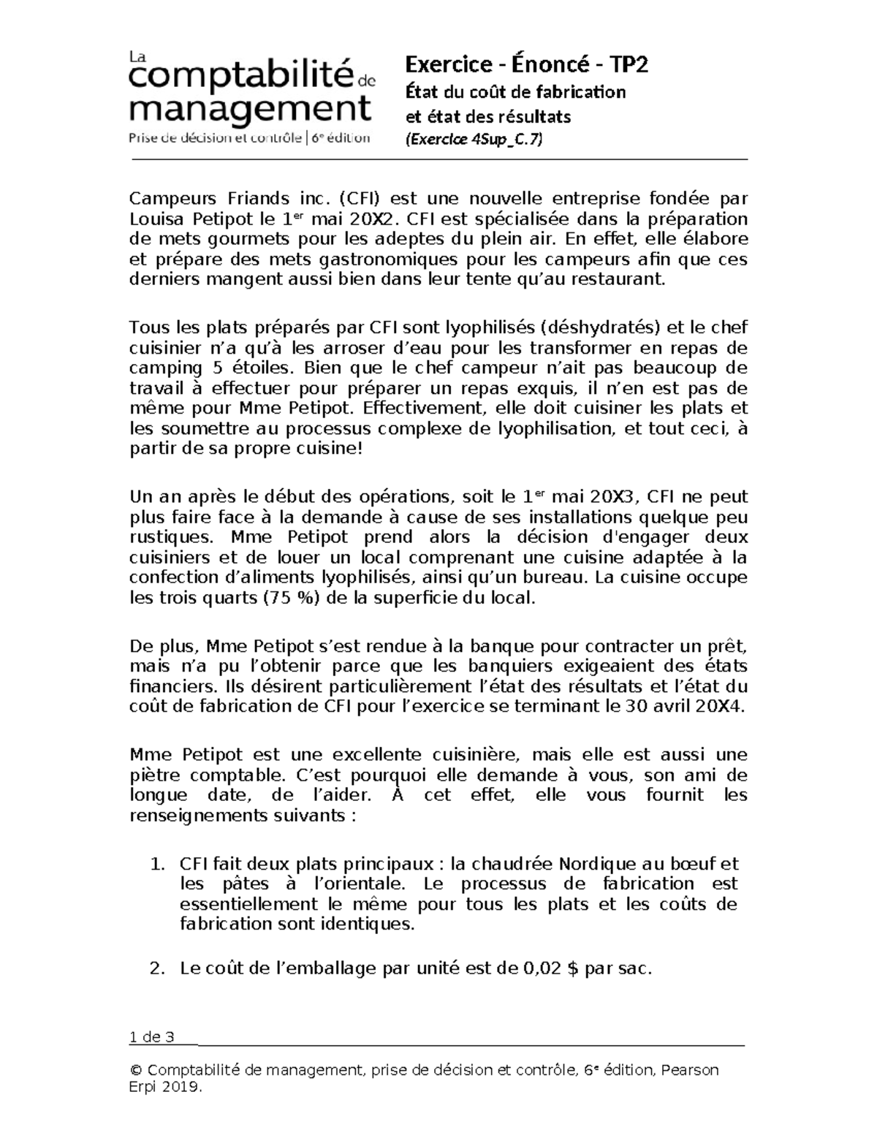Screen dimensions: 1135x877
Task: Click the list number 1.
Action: pyautogui.click(x=156, y=864)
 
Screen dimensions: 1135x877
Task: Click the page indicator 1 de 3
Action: pyautogui.click(x=151, y=1037)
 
